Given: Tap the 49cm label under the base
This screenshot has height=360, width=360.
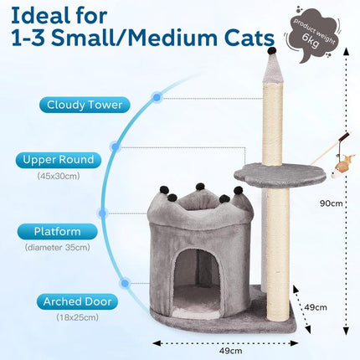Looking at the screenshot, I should coord(219,349).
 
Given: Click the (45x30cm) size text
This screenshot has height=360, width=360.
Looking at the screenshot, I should coord(58,176).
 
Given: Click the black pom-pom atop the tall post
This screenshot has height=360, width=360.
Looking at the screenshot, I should coord(270,53).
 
